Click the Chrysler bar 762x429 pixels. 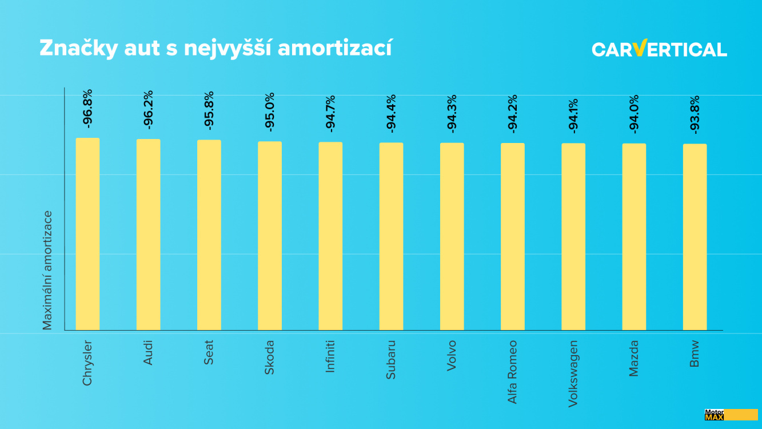click(87, 234)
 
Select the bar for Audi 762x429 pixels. click(148, 235)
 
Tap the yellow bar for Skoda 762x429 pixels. click(270, 236)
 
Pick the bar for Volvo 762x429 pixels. click(452, 236)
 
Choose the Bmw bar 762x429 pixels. click(695, 237)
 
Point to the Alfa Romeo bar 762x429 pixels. click(513, 236)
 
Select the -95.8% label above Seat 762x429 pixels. click(209, 110)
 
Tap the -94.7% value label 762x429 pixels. click(330, 113)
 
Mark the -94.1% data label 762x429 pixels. click(573, 116)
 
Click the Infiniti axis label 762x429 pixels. click(330, 356)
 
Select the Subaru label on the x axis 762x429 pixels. click(391, 360)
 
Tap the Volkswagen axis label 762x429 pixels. click(573, 374)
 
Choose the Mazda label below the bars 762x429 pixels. click(634, 359)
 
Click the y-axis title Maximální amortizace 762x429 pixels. click(47, 270)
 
